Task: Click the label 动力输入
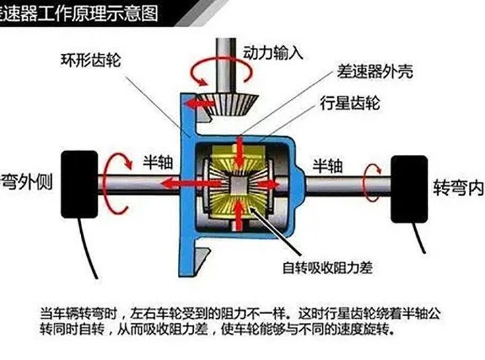(x=273, y=53)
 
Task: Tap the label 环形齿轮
(x=90, y=60)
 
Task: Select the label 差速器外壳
(x=375, y=72)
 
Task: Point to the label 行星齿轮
(x=350, y=102)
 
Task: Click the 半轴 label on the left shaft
(x=158, y=162)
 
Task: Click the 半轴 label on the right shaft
(x=327, y=166)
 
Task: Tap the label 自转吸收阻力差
(x=327, y=268)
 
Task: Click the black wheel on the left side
(x=79, y=185)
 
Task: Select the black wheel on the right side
(x=410, y=189)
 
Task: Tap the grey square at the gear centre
(x=238, y=185)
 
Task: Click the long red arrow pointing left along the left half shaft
(x=192, y=184)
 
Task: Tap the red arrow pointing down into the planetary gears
(x=239, y=153)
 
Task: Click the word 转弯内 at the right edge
(x=459, y=187)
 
